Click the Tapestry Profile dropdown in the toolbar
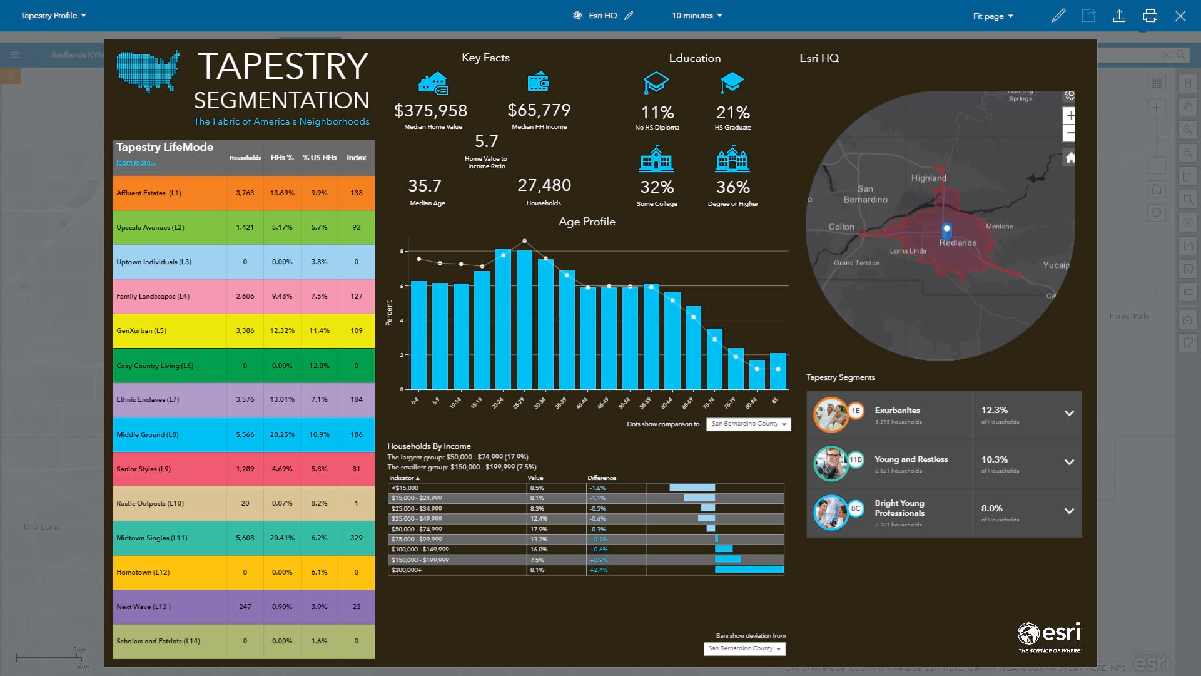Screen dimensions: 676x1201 pyautogui.click(x=53, y=16)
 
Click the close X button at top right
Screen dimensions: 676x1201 pyautogui.click(x=1180, y=16)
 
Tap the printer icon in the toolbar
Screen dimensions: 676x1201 pyautogui.click(x=1150, y=16)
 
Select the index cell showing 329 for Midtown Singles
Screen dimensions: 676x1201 pyautogui.click(x=356, y=538)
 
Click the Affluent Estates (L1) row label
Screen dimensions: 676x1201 pyautogui.click(x=149, y=193)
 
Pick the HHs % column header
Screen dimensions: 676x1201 pyautogui.click(x=281, y=158)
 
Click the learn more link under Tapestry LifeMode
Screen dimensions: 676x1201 pyautogui.click(x=136, y=163)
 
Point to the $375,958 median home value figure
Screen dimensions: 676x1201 pyautogui.click(x=430, y=111)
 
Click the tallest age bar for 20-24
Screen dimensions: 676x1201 pyautogui.click(x=503, y=319)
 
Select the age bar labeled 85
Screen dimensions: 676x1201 pyautogui.click(x=778, y=371)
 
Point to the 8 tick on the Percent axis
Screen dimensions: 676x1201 pyautogui.click(x=402, y=251)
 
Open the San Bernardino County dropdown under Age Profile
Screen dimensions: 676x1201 pyautogui.click(x=748, y=424)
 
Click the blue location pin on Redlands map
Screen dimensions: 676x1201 pyautogui.click(x=946, y=229)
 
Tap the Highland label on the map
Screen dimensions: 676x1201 pyautogui.click(x=928, y=178)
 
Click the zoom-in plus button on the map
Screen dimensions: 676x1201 pyautogui.click(x=1070, y=115)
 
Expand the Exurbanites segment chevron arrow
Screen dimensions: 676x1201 pyautogui.click(x=1069, y=413)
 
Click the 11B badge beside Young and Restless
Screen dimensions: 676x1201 pyautogui.click(x=855, y=459)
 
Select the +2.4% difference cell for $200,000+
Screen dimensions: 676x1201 pyautogui.click(x=599, y=570)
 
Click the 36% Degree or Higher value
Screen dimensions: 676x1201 pyautogui.click(x=732, y=187)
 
